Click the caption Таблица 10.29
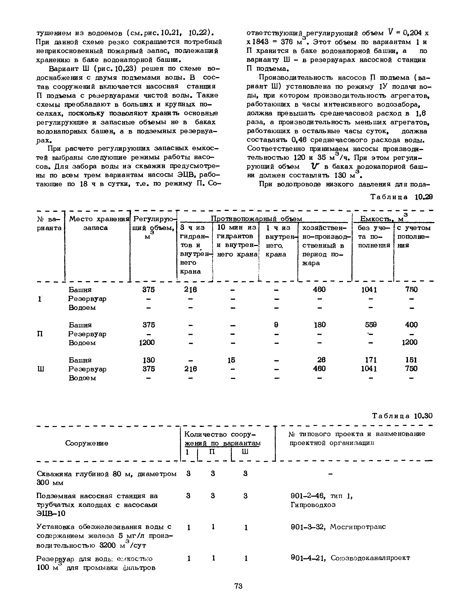(401, 197)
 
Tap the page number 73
(238, 586)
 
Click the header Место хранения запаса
(96, 223)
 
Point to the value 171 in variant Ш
(371, 360)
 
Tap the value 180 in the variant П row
(320, 325)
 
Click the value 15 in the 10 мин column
(231, 360)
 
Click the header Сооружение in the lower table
(87, 443)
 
